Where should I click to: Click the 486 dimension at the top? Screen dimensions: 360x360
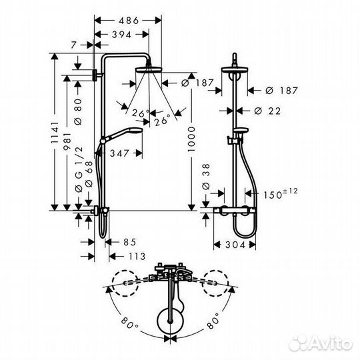tap(129, 21)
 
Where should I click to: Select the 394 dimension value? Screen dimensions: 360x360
tap(122, 35)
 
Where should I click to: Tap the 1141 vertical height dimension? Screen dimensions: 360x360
tap(55, 133)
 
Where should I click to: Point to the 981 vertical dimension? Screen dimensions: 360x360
tap(67, 141)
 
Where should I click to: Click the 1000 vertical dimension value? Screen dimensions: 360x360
tap(191, 139)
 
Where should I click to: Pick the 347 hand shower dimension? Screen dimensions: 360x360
tap(119, 153)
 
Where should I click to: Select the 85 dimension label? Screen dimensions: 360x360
tap(130, 242)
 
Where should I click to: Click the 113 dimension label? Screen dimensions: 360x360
tap(137, 256)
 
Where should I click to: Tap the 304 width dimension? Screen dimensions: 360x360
tap(235, 245)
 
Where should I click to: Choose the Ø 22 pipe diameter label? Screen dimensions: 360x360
tap(267, 111)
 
